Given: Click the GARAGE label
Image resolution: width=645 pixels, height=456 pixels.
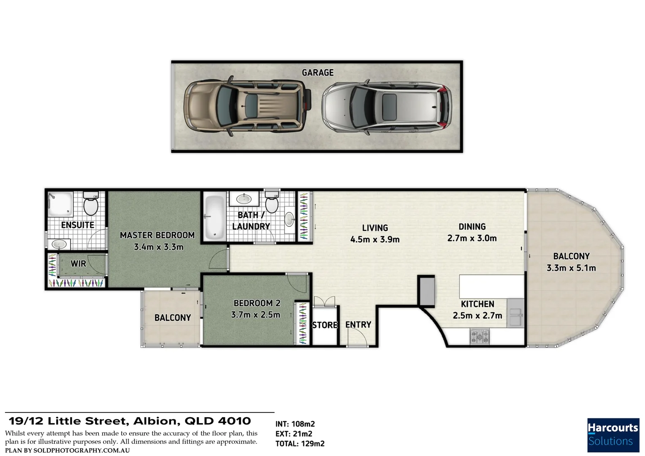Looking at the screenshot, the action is click(x=317, y=73).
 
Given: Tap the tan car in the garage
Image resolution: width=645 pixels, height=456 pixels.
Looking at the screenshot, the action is click(x=247, y=106).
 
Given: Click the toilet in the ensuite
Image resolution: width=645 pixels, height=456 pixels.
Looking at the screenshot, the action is click(x=91, y=204).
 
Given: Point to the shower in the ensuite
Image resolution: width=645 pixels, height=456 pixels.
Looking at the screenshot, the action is click(x=60, y=204).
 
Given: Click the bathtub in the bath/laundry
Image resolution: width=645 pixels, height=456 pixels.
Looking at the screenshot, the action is click(x=214, y=217).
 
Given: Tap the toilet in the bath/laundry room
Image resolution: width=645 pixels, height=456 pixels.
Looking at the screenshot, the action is click(x=271, y=202).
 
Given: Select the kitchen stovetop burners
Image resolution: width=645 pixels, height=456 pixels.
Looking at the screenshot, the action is click(x=480, y=337).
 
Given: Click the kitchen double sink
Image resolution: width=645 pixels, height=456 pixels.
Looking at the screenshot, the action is click(x=515, y=313).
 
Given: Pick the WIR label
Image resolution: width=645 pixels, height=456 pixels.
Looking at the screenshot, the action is click(x=78, y=263).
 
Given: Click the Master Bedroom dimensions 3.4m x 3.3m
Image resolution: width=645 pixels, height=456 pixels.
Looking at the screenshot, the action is click(x=159, y=247).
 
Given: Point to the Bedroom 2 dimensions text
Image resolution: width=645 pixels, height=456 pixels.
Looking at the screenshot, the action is click(x=255, y=315).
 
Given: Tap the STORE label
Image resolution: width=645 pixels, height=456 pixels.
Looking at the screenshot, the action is click(x=325, y=325).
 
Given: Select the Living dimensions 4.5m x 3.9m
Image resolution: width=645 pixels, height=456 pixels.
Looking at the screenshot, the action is click(x=375, y=240).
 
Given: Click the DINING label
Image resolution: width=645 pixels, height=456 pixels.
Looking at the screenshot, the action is click(x=472, y=227).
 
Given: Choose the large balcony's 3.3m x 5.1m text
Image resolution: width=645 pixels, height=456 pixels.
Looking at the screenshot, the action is click(x=571, y=268).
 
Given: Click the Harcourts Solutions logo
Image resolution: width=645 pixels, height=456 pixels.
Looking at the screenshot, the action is click(x=613, y=435).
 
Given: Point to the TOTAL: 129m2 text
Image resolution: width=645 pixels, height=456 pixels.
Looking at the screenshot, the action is click(x=300, y=444).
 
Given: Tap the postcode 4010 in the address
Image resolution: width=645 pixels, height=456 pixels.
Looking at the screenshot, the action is click(x=234, y=421).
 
